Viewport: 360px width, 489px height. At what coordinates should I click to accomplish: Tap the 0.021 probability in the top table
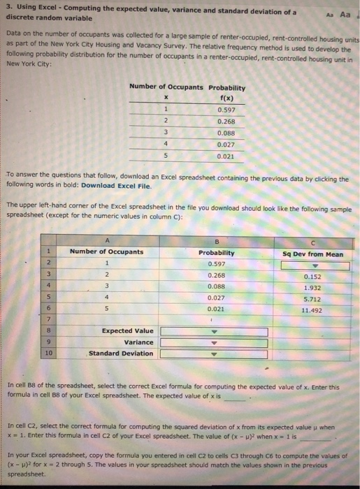click(x=226, y=156)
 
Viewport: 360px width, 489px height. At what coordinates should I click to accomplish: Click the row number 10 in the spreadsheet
click(x=48, y=353)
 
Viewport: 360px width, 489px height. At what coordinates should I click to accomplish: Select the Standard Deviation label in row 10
click(x=121, y=353)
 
